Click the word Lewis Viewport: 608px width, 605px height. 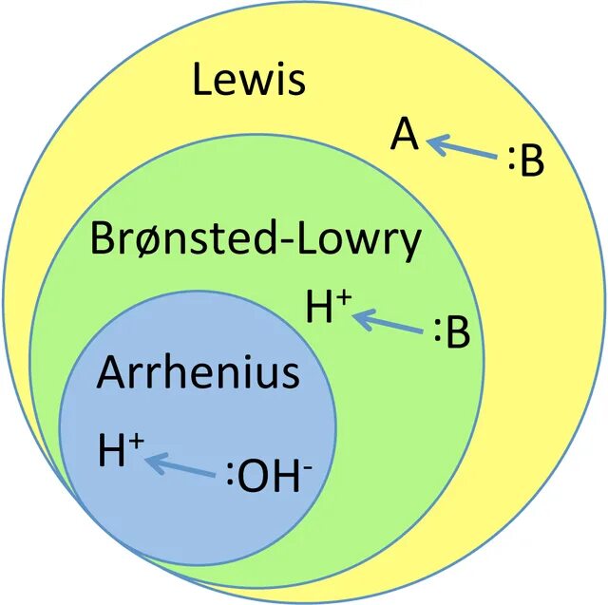click(x=249, y=80)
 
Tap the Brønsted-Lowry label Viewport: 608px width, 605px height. click(x=255, y=241)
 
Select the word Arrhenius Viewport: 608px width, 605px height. click(x=198, y=373)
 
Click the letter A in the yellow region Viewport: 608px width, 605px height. click(x=405, y=137)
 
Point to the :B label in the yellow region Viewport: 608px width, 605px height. click(x=525, y=162)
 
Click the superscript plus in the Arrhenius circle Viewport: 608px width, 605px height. click(x=137, y=440)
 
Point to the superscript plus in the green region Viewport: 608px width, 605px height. click(x=344, y=297)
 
